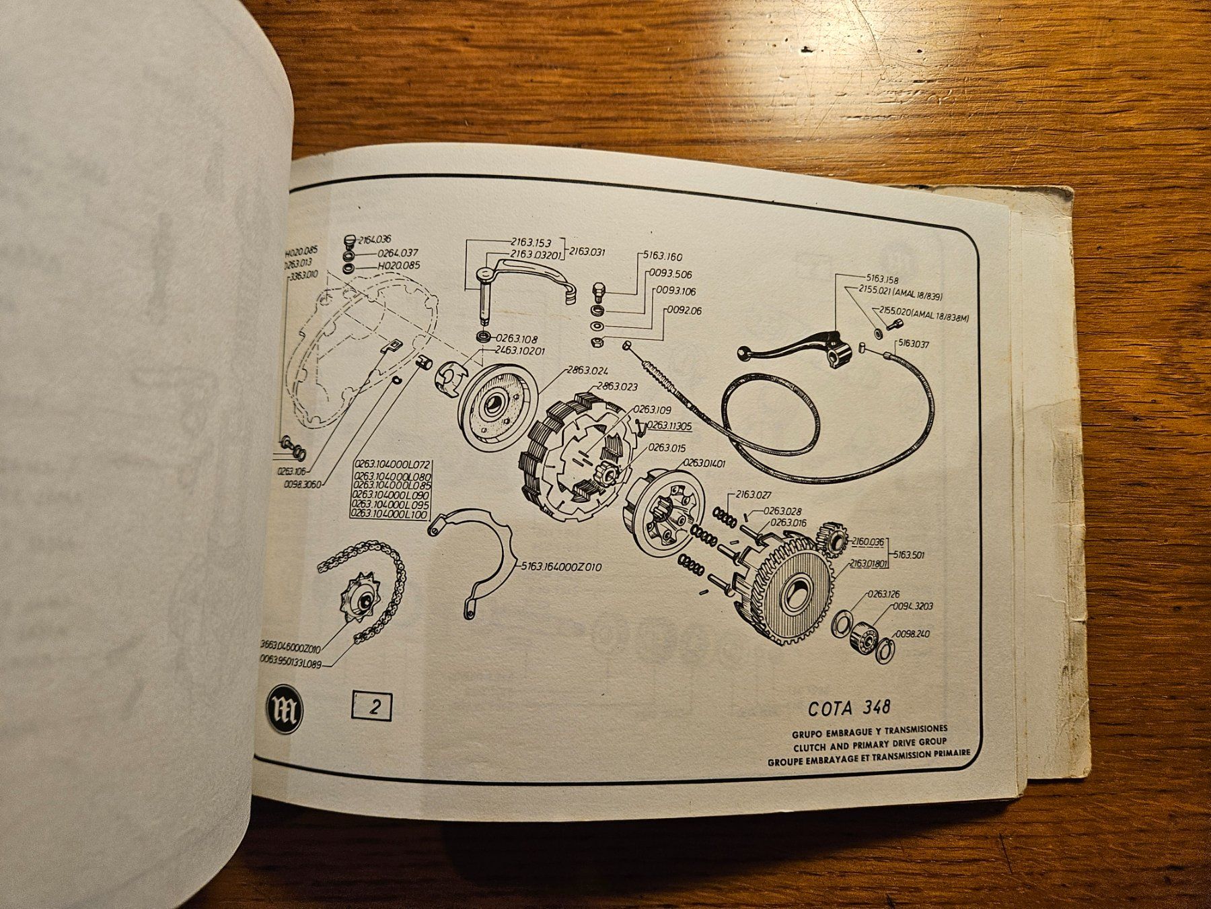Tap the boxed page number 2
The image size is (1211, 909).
371,708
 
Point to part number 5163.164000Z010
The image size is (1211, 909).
561,567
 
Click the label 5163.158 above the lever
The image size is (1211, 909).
883,279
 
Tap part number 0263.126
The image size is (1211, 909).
884,595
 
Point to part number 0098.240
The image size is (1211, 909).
912,634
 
